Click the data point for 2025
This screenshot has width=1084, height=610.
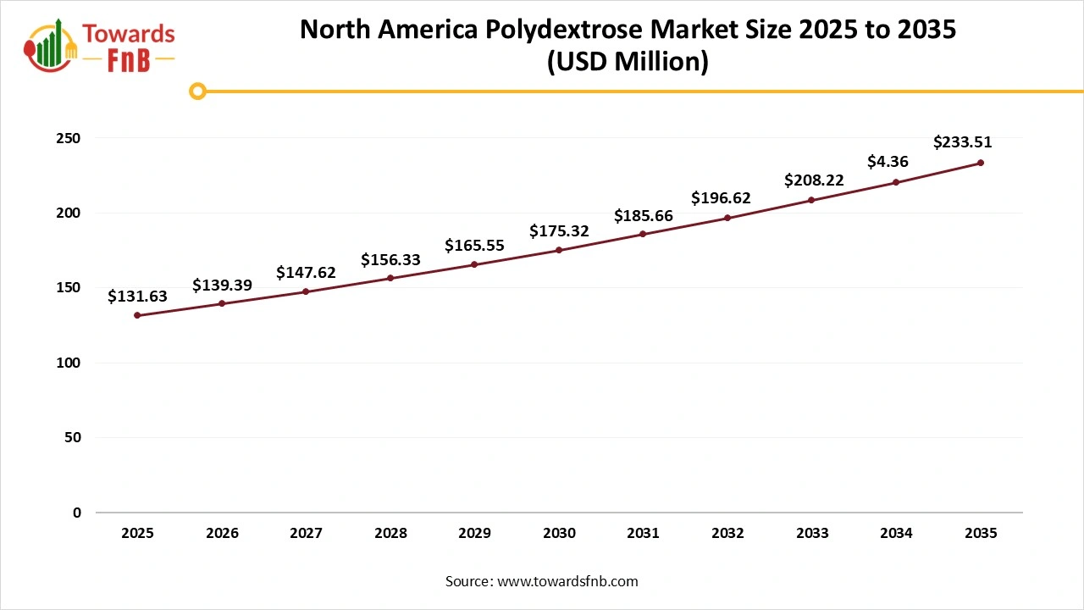pos(137,315)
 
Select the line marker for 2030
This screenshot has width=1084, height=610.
pos(559,250)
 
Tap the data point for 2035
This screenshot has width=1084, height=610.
pos(981,163)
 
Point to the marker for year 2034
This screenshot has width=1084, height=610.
pos(896,182)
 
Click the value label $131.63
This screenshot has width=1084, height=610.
pos(137,297)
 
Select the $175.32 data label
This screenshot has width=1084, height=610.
pos(559,230)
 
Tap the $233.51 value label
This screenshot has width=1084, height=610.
pos(962,142)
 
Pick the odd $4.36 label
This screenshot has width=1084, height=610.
pos(888,161)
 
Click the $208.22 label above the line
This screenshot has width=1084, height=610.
pos(814,180)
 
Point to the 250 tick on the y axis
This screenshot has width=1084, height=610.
pos(69,138)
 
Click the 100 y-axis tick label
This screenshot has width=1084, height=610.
pos(69,363)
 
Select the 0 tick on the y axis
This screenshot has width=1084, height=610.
pos(76,513)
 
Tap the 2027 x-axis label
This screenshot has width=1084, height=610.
pos(306,534)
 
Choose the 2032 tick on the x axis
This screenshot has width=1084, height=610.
pos(727,534)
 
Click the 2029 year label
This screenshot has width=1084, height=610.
pos(474,534)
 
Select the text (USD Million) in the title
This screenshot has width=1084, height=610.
pos(628,62)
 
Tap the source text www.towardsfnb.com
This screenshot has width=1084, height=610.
pos(567,581)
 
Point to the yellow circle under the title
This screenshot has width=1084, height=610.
pos(197,91)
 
